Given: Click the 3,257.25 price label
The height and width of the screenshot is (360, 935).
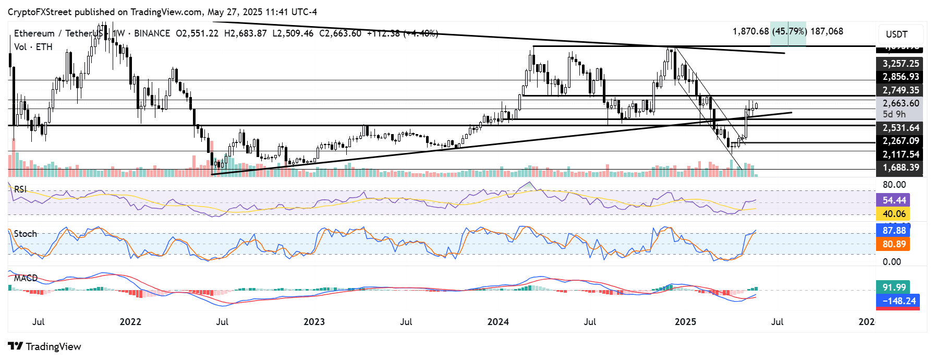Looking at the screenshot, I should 900,64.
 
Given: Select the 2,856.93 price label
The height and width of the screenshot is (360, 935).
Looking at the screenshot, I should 900,77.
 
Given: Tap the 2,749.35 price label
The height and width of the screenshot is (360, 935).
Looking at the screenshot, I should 900,90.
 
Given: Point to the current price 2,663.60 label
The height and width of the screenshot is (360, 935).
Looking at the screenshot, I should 900,103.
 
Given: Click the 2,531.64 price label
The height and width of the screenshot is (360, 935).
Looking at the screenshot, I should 900,128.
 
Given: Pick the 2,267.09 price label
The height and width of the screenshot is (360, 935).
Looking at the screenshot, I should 900,141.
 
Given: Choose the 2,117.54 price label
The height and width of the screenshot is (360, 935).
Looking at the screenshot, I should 900,154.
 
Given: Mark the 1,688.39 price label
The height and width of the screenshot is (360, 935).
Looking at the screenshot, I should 900,167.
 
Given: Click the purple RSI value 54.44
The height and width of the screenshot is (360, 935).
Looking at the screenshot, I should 894,200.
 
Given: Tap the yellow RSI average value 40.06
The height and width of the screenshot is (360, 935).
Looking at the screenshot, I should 894,214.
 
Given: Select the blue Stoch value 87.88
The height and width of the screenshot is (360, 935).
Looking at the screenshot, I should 894,231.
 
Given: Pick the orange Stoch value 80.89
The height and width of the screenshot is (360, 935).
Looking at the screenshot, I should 894,244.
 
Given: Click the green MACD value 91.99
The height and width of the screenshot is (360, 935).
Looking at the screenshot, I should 894,287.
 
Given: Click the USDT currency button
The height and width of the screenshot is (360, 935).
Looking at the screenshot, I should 896,34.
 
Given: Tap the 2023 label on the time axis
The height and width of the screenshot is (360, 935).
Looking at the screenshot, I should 314,322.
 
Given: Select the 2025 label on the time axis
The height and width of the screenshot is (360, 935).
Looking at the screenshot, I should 685,322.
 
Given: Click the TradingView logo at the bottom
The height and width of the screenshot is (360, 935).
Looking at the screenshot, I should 45,347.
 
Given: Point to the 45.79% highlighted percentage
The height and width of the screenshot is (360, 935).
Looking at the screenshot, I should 788,31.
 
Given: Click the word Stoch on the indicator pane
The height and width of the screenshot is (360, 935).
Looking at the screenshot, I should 26,234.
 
